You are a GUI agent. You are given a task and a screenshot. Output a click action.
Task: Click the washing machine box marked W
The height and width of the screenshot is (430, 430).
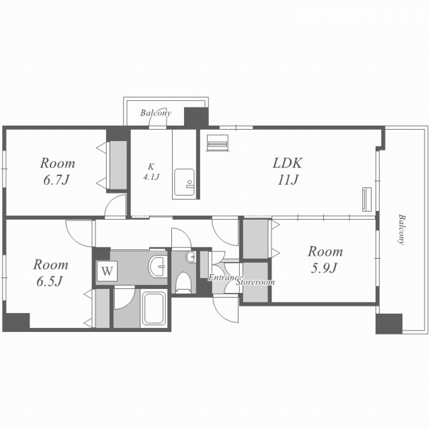[107, 271]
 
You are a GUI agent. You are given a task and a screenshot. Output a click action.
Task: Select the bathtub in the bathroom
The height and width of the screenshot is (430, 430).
[155, 308]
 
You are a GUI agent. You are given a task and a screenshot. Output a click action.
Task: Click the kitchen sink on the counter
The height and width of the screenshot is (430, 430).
[184, 182]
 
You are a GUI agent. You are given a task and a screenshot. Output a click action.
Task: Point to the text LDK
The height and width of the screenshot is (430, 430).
[287, 163]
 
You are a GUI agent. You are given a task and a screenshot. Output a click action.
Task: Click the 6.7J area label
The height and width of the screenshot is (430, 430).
[56, 180]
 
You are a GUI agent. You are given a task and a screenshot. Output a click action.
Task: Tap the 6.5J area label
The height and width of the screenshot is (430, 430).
[50, 281]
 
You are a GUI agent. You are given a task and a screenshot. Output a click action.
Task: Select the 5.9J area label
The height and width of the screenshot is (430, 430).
[324, 268]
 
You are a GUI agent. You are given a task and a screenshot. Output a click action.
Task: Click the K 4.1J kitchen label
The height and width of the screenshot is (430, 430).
[151, 172]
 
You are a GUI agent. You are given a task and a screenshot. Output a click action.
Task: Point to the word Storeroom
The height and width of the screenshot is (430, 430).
[255, 282]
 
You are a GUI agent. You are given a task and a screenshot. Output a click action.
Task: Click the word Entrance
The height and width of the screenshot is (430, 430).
[225, 277]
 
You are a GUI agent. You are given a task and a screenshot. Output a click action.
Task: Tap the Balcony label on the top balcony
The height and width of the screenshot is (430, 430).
[155, 113]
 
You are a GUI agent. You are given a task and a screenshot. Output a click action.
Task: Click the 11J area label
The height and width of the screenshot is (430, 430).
[288, 180]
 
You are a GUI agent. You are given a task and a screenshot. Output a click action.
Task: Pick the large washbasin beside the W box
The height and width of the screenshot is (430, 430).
[157, 266]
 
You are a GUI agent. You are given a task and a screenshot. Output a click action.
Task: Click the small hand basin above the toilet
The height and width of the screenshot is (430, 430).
[191, 257]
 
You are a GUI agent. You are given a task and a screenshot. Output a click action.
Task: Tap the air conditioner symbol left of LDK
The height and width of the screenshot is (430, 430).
[218, 142]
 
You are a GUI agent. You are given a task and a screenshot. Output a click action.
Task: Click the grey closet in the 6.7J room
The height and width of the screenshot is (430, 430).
[118, 165]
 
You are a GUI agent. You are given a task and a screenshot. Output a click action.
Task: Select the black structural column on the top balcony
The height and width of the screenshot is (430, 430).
[196, 117]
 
